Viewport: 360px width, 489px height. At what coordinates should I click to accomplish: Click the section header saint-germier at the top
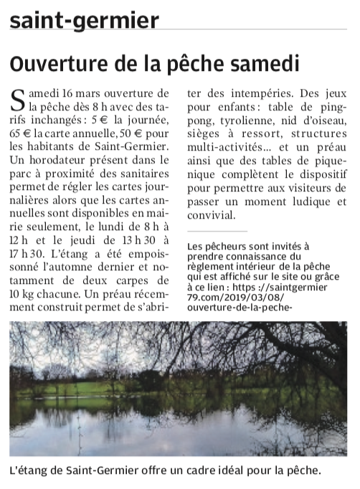(85, 20)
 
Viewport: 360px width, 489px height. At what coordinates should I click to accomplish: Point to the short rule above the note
(216, 232)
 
